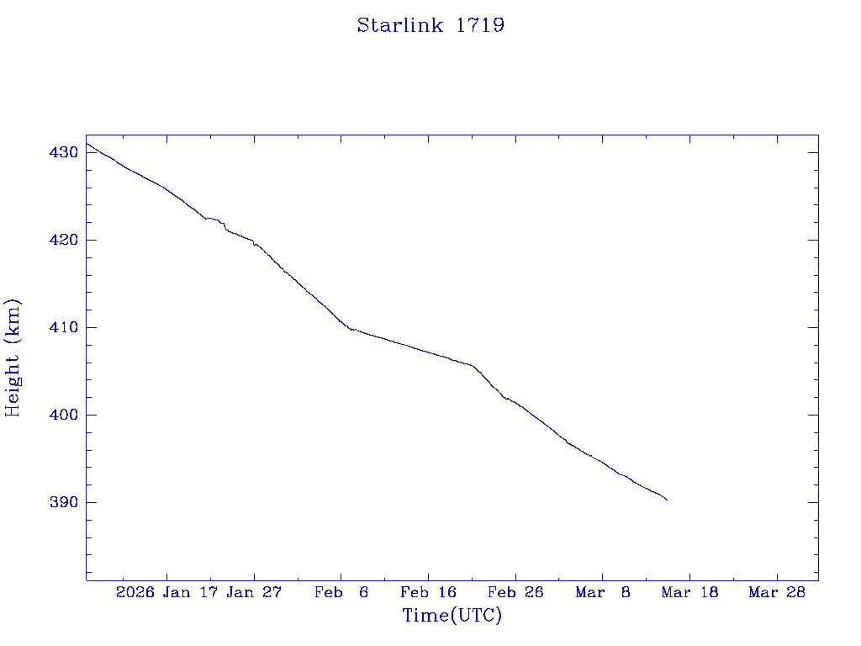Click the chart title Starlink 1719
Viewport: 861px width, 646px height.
click(430, 25)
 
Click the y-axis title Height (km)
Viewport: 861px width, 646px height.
click(13, 357)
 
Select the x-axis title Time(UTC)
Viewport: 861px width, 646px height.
click(452, 616)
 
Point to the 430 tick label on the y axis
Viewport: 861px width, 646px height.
click(64, 152)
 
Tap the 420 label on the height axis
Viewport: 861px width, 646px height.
click(64, 240)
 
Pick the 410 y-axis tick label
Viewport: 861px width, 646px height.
click(64, 327)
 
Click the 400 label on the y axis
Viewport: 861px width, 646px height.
click(64, 415)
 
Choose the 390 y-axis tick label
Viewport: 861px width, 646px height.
click(64, 502)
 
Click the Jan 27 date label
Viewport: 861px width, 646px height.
click(254, 592)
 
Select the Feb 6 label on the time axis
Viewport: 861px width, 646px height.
click(341, 592)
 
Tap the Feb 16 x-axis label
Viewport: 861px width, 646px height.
click(429, 592)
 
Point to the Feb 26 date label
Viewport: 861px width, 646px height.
click(515, 592)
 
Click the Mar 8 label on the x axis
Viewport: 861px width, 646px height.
click(603, 592)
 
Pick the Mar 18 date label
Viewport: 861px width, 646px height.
click(689, 592)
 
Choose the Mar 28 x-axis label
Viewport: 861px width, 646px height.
click(777, 592)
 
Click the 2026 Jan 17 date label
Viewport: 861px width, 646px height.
click(167, 592)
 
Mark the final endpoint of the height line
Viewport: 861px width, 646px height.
click(667, 500)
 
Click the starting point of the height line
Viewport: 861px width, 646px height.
click(87, 143)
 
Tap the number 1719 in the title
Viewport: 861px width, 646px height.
click(480, 25)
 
